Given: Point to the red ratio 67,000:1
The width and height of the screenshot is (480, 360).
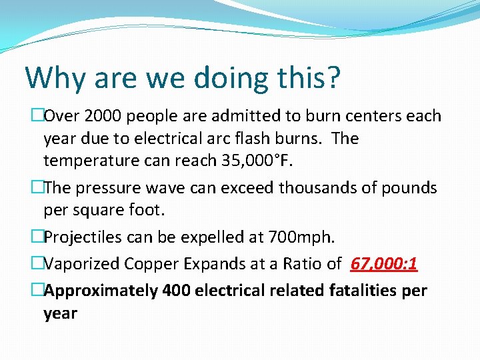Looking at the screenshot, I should click(384, 265).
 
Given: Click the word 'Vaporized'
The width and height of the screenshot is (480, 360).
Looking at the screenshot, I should click(83, 265).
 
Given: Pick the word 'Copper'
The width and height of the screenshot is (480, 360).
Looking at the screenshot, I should click(153, 265).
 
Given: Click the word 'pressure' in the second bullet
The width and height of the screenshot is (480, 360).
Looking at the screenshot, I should click(108, 188).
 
